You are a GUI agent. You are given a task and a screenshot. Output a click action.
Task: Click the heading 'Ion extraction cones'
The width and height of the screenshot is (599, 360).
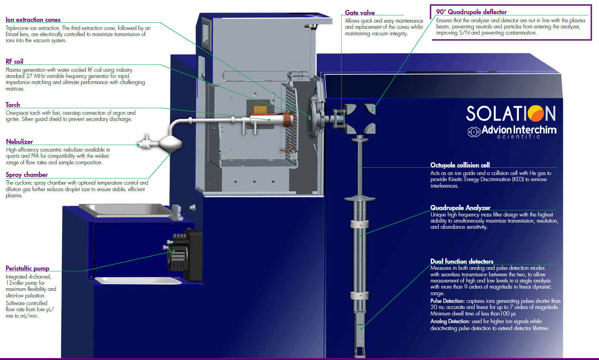point(33,20)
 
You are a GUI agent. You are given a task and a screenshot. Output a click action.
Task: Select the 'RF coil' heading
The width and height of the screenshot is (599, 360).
point(14,61)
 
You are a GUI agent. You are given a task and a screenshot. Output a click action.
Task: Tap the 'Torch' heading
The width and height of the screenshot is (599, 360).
point(13,105)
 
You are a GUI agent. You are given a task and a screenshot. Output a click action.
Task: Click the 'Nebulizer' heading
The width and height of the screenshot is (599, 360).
point(20,142)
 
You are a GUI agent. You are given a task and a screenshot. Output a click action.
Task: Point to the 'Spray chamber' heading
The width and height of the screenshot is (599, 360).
point(26,175)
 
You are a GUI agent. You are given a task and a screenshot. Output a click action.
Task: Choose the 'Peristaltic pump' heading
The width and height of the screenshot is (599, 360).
point(27,268)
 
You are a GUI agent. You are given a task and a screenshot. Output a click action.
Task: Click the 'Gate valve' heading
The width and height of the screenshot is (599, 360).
point(360,13)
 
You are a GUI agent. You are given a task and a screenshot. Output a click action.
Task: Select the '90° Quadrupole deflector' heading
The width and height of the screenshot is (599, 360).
point(471,12)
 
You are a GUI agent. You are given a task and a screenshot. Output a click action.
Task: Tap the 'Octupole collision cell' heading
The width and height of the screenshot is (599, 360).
point(460,165)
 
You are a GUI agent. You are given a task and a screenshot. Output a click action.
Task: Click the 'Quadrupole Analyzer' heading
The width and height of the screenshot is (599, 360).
point(460,208)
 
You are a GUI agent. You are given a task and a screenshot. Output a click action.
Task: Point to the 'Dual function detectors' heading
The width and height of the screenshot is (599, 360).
point(462,261)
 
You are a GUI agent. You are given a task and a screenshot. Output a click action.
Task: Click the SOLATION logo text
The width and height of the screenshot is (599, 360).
point(511,114)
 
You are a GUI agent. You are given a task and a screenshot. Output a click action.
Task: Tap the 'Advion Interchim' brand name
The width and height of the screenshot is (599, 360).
point(519,130)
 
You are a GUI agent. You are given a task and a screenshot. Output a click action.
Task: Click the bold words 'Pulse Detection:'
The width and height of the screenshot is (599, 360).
point(447,301)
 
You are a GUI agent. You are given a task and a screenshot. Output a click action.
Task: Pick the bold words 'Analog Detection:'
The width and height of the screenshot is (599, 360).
point(450,321)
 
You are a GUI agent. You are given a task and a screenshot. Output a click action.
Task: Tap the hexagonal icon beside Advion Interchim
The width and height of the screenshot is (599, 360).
point(474,132)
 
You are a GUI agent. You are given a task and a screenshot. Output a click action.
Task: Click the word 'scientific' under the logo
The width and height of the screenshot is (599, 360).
point(518,137)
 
